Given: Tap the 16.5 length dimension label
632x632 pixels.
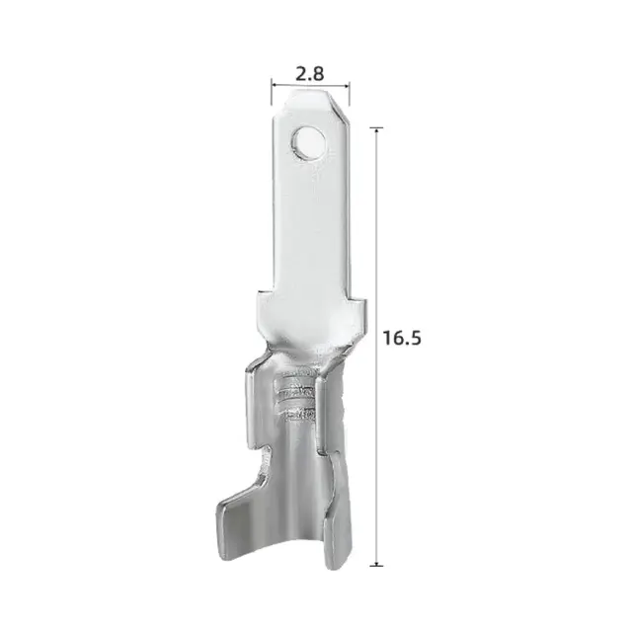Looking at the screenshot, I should point(402,338).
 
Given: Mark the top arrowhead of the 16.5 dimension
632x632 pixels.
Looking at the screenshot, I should point(376,129).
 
